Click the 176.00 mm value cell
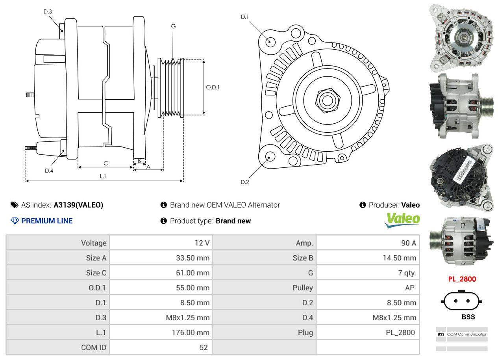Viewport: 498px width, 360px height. (190, 332)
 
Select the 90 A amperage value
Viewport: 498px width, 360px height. (408, 243)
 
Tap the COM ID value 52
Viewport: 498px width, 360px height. (203, 347)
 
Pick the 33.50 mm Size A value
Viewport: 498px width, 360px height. (193, 258)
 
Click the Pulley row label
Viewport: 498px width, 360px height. (303, 288)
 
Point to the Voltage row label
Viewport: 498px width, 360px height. (94, 243)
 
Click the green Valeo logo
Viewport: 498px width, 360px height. (402, 220)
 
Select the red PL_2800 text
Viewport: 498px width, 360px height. (462, 279)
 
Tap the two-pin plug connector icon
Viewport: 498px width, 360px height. (462, 301)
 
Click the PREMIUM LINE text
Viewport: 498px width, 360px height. (47, 221)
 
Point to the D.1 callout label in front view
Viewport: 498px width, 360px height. (245, 17)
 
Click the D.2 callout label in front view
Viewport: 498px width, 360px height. (245, 182)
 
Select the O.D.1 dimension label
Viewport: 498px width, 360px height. (213, 87)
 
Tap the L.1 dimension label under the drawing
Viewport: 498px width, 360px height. (103, 176)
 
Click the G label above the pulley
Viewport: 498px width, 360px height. (173, 26)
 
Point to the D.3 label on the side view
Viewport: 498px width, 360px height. (48, 11)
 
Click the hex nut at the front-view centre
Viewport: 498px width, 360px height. (326, 100)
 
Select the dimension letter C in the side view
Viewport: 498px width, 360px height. (106, 163)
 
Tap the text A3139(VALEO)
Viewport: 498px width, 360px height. (78, 205)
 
